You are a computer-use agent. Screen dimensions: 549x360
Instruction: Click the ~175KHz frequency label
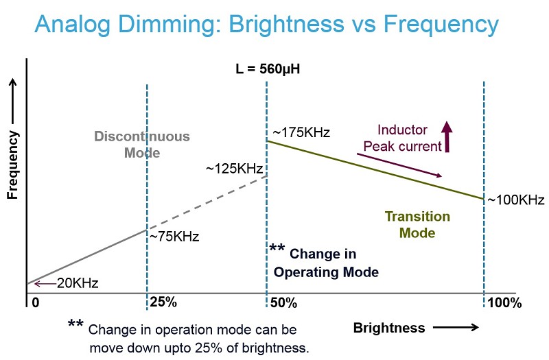[301, 132]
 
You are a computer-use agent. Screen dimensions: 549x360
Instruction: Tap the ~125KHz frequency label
[235, 169]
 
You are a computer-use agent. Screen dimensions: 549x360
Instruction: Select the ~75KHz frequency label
[174, 237]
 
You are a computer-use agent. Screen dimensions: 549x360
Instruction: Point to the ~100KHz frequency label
[516, 200]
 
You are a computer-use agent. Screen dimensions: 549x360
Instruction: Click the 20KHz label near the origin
[78, 283]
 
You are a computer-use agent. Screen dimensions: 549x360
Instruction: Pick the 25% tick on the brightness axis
[163, 302]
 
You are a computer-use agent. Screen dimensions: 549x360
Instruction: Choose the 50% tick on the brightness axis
[283, 302]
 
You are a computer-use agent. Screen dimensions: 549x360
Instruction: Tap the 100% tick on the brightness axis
[504, 302]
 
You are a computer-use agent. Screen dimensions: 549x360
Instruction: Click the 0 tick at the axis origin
[36, 302]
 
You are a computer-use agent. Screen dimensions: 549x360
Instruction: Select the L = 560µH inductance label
[268, 69]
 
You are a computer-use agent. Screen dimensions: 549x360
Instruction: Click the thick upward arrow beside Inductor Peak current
[447, 136]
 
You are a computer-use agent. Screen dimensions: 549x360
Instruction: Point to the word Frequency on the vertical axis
[12, 165]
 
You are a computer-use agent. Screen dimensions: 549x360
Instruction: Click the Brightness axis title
[389, 328]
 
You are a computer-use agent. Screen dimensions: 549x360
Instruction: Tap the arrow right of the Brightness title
[456, 328]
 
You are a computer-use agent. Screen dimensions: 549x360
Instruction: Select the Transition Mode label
[417, 225]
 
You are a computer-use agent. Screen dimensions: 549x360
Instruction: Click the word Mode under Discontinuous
[142, 153]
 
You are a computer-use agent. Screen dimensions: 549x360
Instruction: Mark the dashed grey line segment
[207, 203]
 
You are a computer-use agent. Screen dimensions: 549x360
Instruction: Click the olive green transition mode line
[375, 170]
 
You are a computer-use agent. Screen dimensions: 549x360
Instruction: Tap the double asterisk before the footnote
[75, 323]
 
